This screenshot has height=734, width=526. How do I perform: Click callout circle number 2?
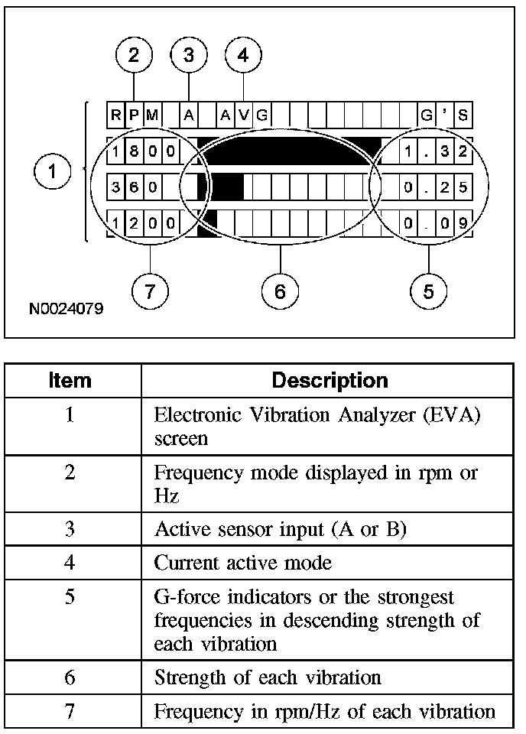pos(134,55)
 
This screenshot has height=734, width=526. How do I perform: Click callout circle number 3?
pos(189,55)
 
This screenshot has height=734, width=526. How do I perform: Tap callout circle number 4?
pos(243,55)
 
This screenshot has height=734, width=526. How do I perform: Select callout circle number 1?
pos(52,171)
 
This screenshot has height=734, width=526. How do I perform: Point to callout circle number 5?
pos(428,291)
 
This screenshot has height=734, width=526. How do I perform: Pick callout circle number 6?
pos(280,291)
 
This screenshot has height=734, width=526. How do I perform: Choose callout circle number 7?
pos(149,291)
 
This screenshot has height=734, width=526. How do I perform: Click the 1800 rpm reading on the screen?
pos(143,151)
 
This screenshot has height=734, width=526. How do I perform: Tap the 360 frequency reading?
pos(134,187)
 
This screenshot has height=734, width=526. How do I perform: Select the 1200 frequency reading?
pos(143,223)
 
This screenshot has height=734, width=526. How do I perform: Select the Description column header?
pos(330,380)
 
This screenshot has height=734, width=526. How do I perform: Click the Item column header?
pos(70,380)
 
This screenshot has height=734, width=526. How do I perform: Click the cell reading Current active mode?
pos(243,563)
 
